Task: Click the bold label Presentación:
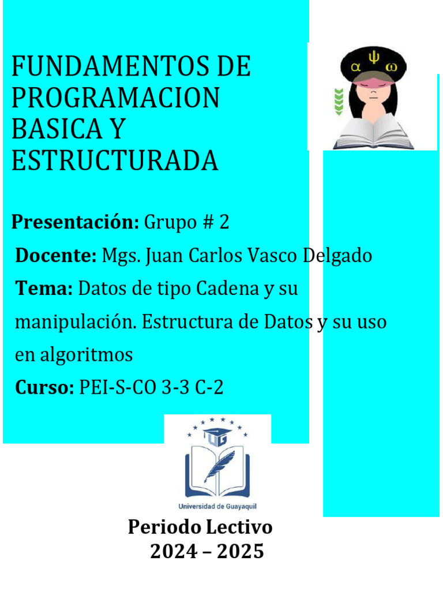[75, 222]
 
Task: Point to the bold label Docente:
[55, 255]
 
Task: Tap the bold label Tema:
[44, 288]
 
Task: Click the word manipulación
[75, 322]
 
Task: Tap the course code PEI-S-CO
[117, 388]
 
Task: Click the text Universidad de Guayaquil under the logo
[217, 506]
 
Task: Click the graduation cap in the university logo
[218, 433]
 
